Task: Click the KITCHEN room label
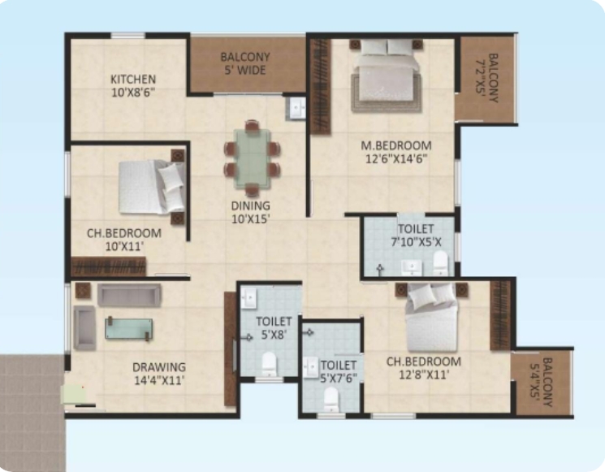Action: (133, 80)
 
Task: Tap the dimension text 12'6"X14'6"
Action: (396, 159)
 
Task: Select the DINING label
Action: (250, 206)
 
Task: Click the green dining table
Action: (252, 158)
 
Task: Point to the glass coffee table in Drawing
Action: (129, 329)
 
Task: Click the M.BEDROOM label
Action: (396, 146)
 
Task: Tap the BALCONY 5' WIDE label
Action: (245, 63)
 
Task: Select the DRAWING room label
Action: (159, 367)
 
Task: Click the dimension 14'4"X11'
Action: (159, 380)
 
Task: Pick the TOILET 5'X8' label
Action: (274, 328)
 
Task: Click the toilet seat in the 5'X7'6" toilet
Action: (331, 399)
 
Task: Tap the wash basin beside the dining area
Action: (296, 108)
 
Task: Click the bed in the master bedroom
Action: (386, 76)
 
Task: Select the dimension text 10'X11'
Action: (124, 246)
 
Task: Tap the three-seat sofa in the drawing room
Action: (129, 295)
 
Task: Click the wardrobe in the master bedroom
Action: (321, 86)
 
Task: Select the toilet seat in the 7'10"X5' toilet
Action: (440, 263)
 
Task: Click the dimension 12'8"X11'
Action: (424, 375)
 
